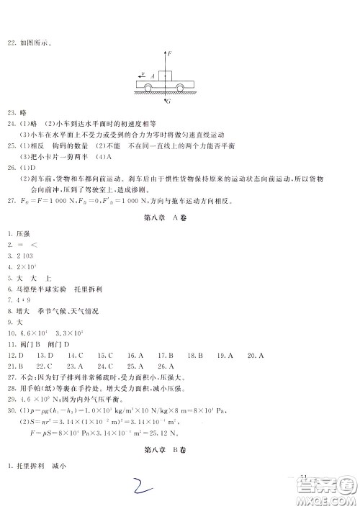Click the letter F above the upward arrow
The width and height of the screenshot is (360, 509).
[168, 53]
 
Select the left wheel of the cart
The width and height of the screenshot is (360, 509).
[147, 89]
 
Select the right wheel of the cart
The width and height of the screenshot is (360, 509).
[187, 89]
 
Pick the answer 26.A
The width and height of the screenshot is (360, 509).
[165, 366]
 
